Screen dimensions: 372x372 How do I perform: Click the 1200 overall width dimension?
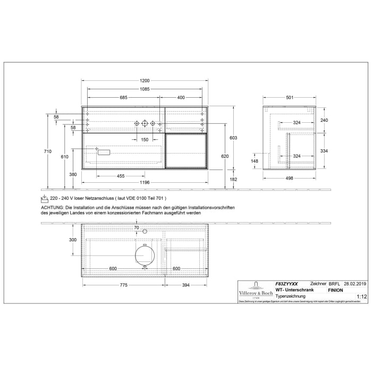[x=145, y=80]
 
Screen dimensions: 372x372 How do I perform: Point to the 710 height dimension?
[x=47, y=151]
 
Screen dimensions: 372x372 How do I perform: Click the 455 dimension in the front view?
[x=121, y=176]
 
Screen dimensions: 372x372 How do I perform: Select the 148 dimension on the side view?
[x=255, y=162]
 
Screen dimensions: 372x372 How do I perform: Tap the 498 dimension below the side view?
[x=290, y=179]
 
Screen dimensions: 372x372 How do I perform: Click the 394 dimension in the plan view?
[x=187, y=285]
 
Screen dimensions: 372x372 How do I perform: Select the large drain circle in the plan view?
[x=144, y=254]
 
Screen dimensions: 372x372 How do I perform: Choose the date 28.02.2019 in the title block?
[x=356, y=284]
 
